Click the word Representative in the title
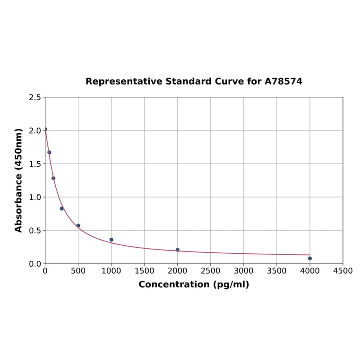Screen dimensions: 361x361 point(124,82)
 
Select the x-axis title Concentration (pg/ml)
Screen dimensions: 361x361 point(194,284)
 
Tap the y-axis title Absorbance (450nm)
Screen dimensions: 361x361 point(19,180)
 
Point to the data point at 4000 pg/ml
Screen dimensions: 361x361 point(310,258)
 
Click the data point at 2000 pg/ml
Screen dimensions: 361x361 point(178,249)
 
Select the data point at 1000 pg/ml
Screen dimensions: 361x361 point(112,240)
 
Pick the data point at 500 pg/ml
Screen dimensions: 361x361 point(78,226)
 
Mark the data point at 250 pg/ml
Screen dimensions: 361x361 point(62,208)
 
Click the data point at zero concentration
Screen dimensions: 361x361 point(45,129)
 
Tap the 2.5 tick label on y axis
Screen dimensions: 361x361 point(34,97)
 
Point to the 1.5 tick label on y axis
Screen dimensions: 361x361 point(34,164)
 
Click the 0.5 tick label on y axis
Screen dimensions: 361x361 point(34,231)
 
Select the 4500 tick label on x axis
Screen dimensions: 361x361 point(343,271)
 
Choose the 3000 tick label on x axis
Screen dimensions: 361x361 point(243,271)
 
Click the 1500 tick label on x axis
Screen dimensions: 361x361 point(144,271)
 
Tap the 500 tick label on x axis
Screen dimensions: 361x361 point(78,271)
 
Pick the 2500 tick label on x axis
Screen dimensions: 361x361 point(210,271)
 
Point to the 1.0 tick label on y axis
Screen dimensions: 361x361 point(34,197)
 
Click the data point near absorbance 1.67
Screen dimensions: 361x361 point(49,152)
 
